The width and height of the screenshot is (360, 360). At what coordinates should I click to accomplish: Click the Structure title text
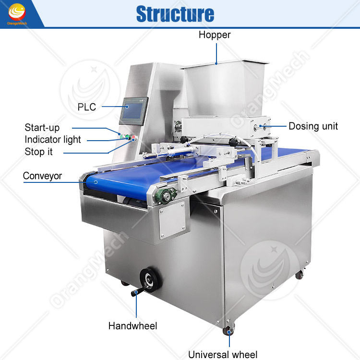pos(175,13)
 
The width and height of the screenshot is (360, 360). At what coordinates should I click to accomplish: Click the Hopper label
pos(215,35)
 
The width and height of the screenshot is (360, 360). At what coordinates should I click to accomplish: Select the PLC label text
pos(86,107)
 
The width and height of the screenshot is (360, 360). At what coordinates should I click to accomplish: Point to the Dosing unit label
pos(313,126)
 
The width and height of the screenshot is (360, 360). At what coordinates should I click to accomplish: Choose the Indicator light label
pos(53,140)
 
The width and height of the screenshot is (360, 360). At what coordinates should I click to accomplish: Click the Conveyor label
pos(42,176)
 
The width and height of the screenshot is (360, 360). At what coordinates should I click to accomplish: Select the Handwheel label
pos(132,326)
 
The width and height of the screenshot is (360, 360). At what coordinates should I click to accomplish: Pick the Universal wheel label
pos(223,355)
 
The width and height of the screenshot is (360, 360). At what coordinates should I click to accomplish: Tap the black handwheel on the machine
pos(147,278)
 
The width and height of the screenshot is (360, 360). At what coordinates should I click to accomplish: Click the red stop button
pos(134,139)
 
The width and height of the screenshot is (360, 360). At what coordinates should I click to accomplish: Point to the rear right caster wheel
pos(300,274)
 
